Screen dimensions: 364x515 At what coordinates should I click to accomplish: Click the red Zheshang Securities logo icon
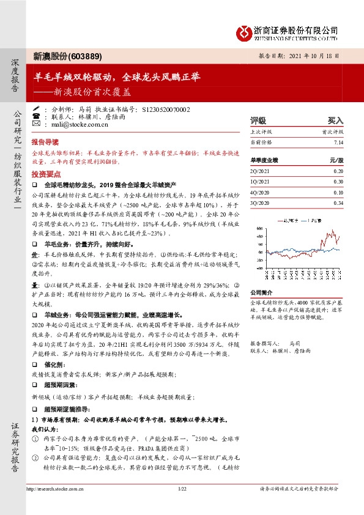pos(243,32)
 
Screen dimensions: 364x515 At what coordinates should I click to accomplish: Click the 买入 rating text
pos(336,120)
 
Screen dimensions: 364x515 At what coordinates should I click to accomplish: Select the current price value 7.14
pos(339,142)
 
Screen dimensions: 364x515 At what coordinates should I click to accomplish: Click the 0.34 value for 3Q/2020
pos(338,202)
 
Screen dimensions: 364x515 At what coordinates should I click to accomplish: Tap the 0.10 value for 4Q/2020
pos(338,193)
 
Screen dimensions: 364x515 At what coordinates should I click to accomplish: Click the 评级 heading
pos(258,120)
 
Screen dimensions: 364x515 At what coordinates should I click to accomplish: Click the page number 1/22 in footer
pos(182,488)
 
